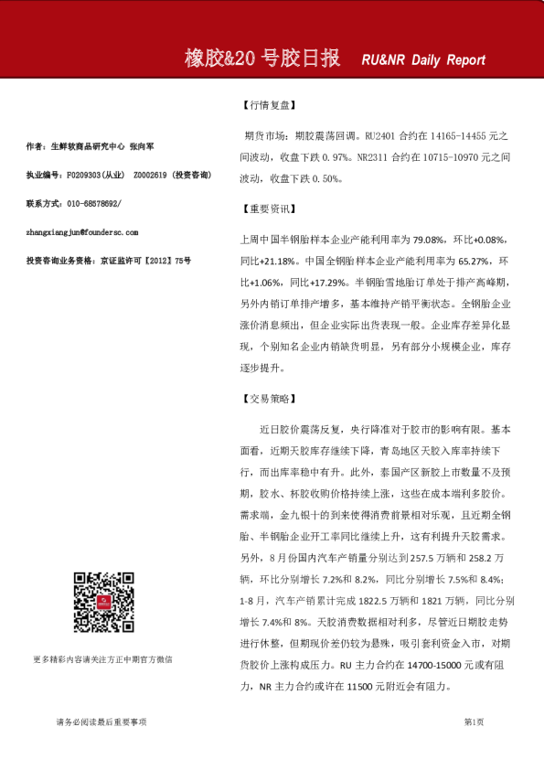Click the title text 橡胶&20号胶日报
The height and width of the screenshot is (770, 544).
click(262, 59)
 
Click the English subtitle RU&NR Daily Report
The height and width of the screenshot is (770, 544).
click(423, 60)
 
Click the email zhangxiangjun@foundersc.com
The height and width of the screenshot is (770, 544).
click(83, 232)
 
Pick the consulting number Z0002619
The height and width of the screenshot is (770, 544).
click(152, 174)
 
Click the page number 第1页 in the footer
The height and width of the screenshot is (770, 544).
click(474, 722)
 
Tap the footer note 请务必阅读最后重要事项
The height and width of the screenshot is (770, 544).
click(101, 722)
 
